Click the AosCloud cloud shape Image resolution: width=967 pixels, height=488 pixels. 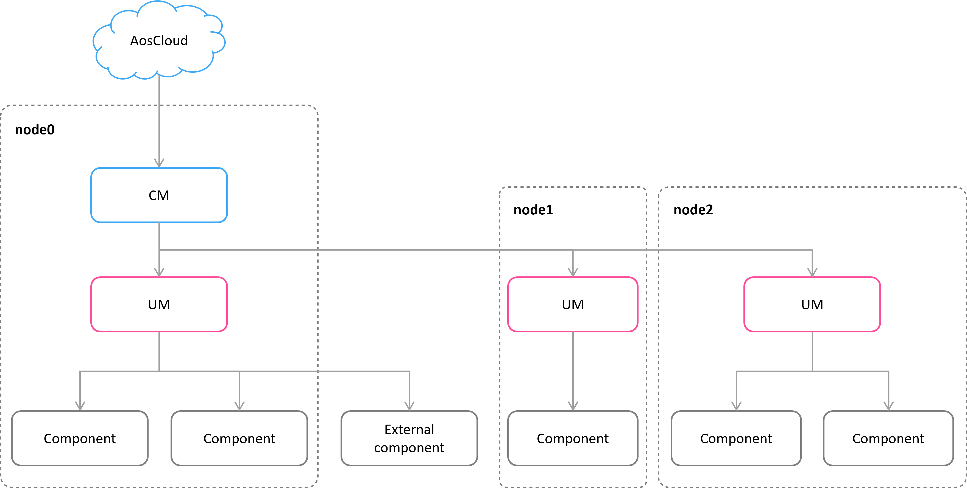(159, 56)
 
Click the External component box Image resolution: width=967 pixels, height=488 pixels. (409, 438)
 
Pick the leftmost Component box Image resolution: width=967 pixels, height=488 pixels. (80, 438)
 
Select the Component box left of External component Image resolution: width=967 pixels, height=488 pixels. (239, 438)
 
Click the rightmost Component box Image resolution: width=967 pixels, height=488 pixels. (888, 438)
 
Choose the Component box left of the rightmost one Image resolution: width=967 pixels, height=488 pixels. (736, 438)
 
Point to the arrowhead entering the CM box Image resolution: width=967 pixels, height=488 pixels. (159, 163)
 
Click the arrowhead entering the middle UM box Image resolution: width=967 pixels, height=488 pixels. (573, 272)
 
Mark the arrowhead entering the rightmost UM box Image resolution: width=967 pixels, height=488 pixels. (812, 272)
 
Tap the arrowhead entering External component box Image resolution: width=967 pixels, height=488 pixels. (409, 406)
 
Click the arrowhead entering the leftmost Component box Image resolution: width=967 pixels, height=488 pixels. (80, 406)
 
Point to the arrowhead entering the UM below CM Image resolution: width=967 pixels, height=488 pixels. (159, 272)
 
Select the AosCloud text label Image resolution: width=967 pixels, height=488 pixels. (159, 41)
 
